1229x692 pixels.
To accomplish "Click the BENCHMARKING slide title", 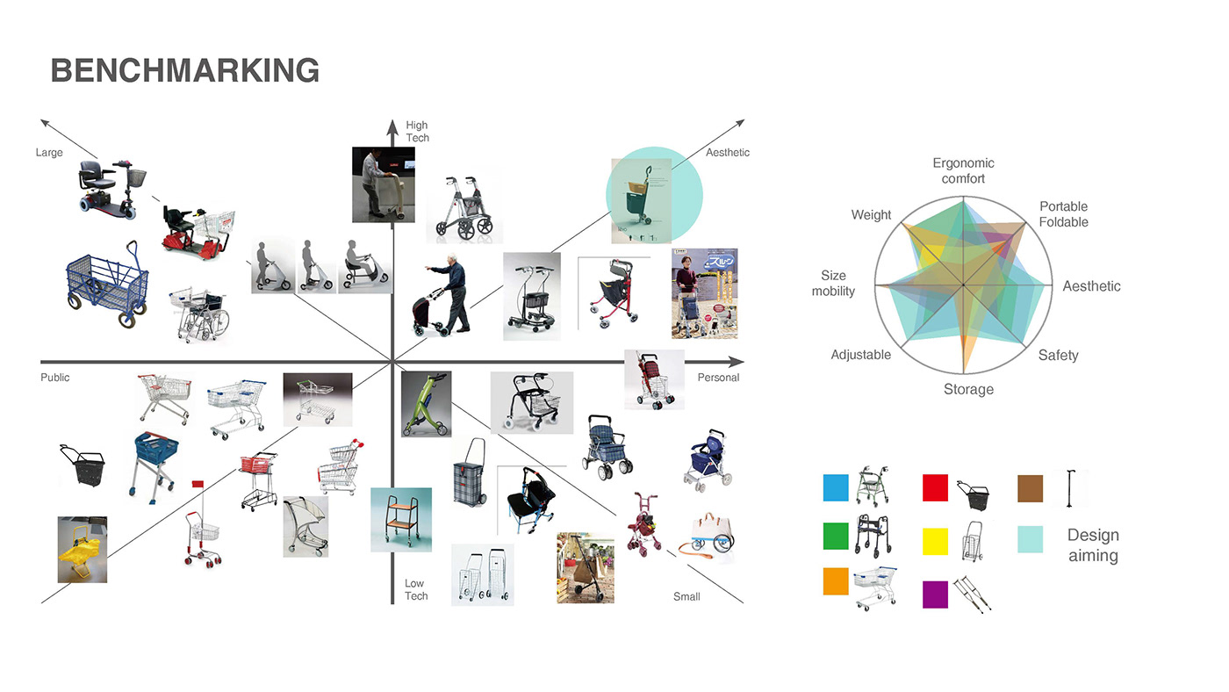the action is coord(185,70).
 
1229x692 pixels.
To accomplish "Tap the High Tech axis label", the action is coord(417,132).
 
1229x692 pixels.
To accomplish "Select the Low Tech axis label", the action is coord(415,589).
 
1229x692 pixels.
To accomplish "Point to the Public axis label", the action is coord(54,378).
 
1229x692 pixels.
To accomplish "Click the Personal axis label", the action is coord(718,378).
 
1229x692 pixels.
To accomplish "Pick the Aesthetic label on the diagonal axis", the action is coord(728,153).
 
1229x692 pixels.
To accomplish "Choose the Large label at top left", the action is coord(49,153).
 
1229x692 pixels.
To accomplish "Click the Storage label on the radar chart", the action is coord(968,389).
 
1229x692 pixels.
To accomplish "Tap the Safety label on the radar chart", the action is coord(1058,356).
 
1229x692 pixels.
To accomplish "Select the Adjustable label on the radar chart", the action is coord(860,355).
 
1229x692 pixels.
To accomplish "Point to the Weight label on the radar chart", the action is coord(871,215).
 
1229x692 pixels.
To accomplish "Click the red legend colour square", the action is coord(935,487).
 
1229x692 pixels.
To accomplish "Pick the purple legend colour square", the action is coord(935,595).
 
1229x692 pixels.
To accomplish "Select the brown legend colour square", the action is coord(1030,487).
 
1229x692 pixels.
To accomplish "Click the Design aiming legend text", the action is coord(1093,545).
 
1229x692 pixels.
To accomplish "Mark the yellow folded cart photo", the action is coord(82,550).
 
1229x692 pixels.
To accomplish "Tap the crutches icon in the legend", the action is coord(973,594).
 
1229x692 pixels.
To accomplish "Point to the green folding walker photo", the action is coord(426,404).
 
